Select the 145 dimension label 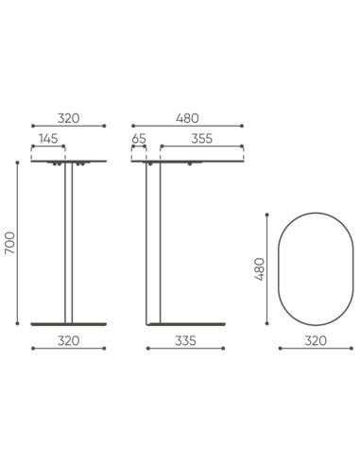pos(48,138)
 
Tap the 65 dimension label pos(139,138)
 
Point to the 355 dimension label pos(201,138)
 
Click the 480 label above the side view pos(187,118)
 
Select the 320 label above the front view pos(68,118)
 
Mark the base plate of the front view pos(68,324)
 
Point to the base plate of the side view pos(185,324)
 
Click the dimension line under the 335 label pos(185,349)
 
